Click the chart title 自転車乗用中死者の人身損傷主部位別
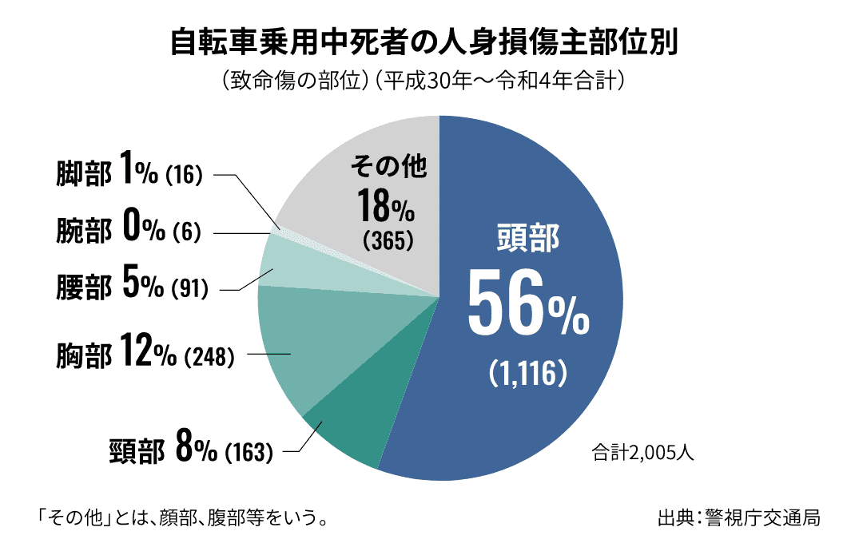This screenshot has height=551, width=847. point(423,42)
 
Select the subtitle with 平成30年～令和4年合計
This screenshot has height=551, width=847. point(423,81)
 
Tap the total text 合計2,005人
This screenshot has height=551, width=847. point(643,453)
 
